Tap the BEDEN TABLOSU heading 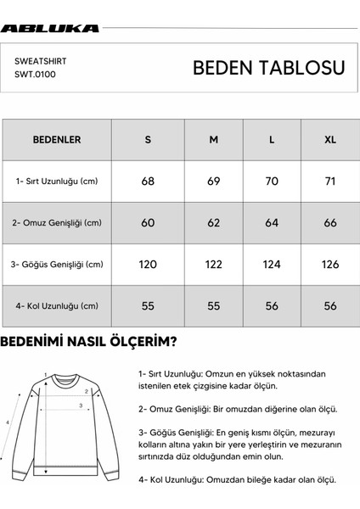268,68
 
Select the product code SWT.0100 34,75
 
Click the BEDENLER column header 56,139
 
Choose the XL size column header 329,139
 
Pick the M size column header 213,139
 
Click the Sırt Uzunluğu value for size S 148,181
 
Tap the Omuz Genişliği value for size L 271,222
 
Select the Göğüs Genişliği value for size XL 329,264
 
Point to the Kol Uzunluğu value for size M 213,305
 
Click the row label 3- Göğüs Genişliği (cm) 58,264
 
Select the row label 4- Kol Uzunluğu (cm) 57,305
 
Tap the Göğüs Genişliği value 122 213,264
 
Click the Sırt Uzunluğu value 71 329,181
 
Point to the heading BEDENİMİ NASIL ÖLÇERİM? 89,343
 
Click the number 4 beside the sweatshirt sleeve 8,422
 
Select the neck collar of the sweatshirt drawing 64,374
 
